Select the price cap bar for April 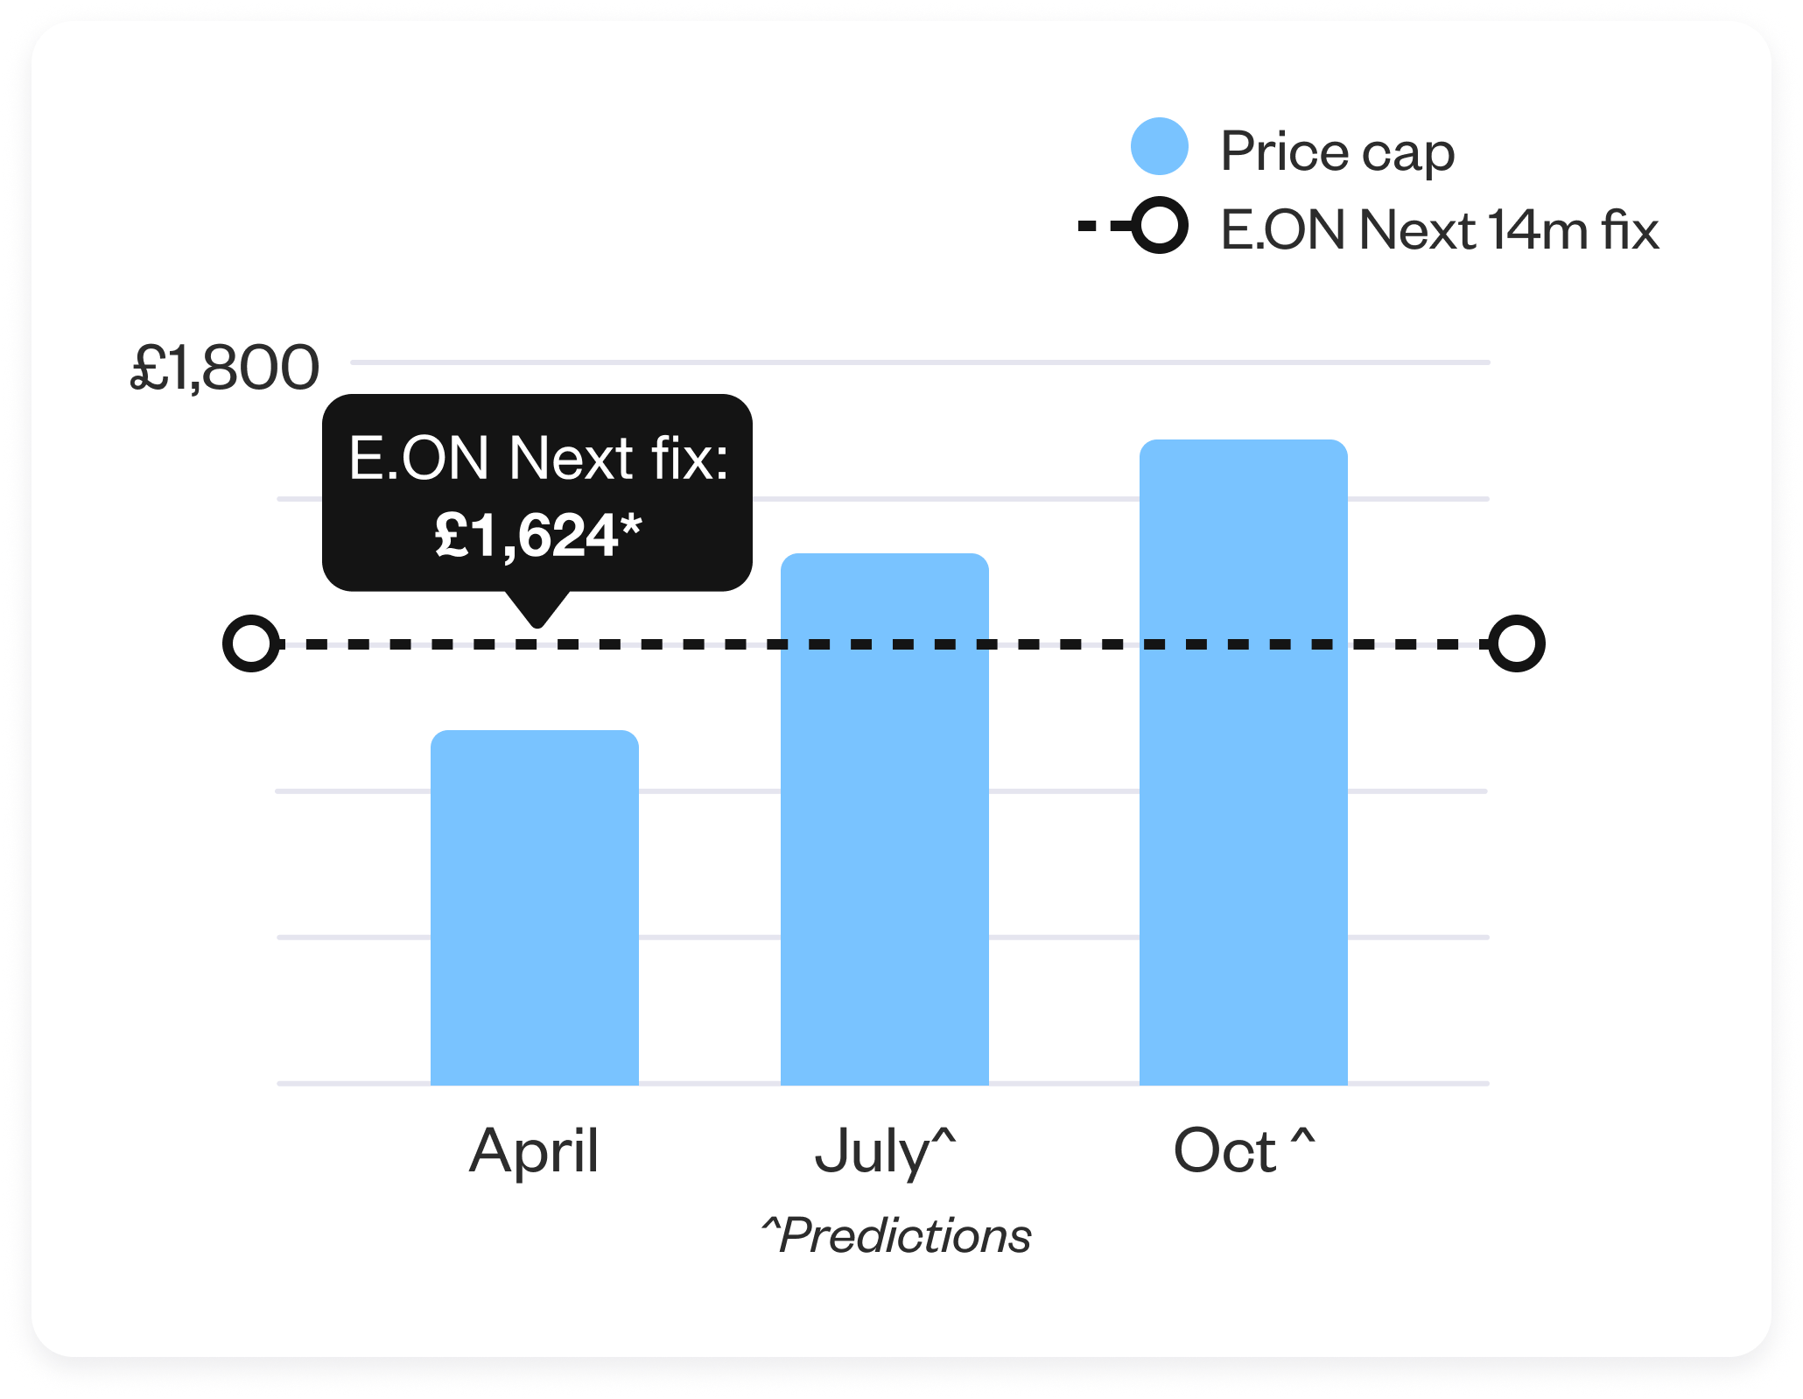point(535,907)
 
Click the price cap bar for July point(885,819)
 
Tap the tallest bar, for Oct point(1244,762)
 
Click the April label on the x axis point(534,1151)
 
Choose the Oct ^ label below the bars point(1244,1149)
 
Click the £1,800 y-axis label point(225,368)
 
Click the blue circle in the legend point(1160,146)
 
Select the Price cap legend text point(1337,152)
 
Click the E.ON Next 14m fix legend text point(1440,229)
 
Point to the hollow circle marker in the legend point(1160,225)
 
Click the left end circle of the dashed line point(251,643)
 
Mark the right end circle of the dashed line point(1517,643)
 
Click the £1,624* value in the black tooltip point(538,535)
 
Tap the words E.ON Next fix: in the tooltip point(538,457)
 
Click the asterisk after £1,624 point(631,526)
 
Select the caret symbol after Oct point(1303,1135)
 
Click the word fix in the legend point(1631,229)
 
